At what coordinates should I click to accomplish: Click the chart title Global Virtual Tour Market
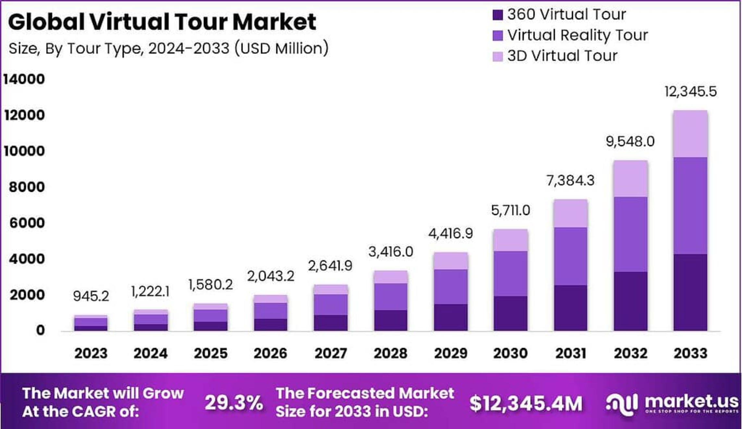[x=162, y=22]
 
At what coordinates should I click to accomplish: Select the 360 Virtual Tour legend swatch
[x=497, y=15]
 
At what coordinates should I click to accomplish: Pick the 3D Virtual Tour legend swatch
[x=497, y=56]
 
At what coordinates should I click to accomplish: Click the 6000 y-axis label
[x=27, y=223]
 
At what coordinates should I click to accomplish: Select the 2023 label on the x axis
[x=91, y=353]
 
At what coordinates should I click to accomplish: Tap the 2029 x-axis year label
[x=451, y=353]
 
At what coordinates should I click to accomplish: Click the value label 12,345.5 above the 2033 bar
[x=690, y=92]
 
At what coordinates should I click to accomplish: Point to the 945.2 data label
[x=91, y=296]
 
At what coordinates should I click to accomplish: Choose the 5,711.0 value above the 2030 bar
[x=511, y=211]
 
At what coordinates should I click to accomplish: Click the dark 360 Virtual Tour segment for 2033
[x=690, y=292]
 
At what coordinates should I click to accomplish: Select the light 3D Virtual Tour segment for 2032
[x=630, y=179]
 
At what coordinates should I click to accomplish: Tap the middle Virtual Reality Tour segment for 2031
[x=571, y=256]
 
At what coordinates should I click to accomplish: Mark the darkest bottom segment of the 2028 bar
[x=390, y=320]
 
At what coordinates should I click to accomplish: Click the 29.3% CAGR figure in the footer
[x=234, y=403]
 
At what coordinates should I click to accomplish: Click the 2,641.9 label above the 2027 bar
[x=330, y=266]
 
